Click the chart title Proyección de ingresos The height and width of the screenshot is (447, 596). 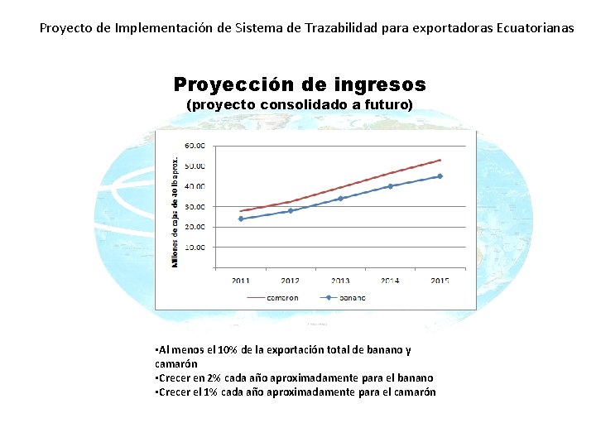click(300, 84)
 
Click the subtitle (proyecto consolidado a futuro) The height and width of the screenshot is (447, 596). click(300, 105)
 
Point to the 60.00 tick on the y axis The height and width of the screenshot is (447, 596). click(195, 146)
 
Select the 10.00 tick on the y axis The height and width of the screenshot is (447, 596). click(195, 247)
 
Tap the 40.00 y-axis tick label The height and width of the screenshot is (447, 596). click(195, 186)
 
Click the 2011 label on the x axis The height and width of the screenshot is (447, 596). click(241, 281)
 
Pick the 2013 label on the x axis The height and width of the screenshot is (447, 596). click(340, 281)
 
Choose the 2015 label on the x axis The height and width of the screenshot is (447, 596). click(440, 281)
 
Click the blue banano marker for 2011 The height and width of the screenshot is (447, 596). click(241, 219)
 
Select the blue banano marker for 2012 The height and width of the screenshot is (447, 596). click(291, 210)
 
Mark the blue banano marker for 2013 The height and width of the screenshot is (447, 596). click(340, 199)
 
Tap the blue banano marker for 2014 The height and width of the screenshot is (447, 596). click(390, 186)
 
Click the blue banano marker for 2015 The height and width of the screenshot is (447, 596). click(440, 176)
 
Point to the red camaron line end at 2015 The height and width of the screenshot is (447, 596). click(440, 160)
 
